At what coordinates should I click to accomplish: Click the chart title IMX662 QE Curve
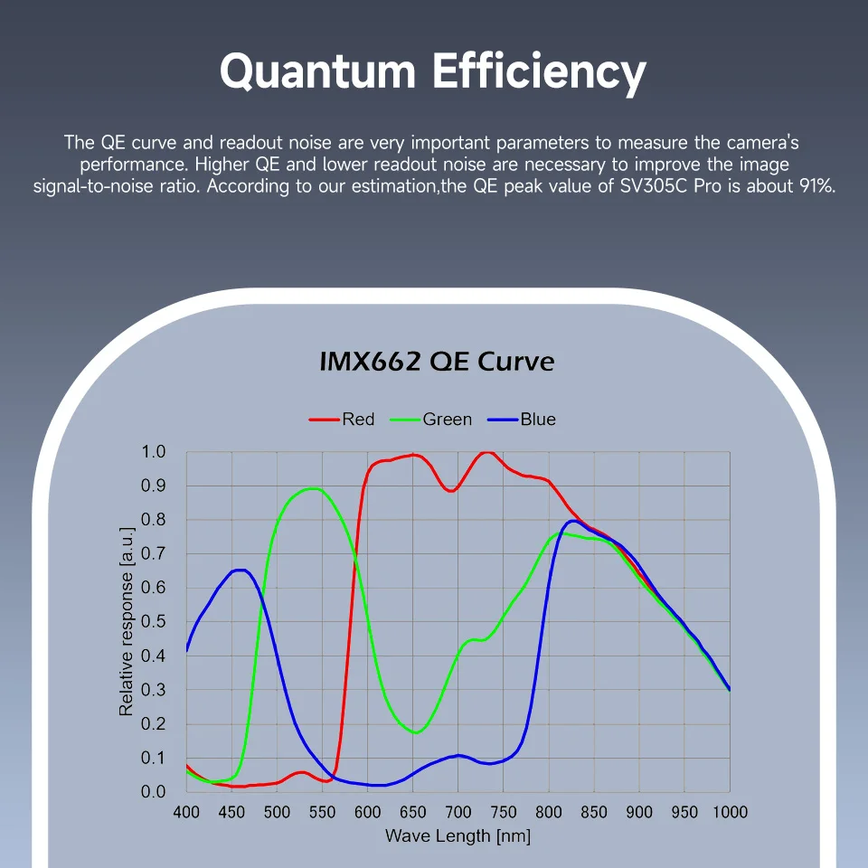pyautogui.click(x=437, y=362)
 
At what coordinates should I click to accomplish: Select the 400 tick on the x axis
pyautogui.click(x=186, y=812)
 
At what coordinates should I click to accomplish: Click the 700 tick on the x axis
pyautogui.click(x=458, y=812)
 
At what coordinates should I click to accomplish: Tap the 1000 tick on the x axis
pyautogui.click(x=729, y=812)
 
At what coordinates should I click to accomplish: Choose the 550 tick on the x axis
pyautogui.click(x=322, y=812)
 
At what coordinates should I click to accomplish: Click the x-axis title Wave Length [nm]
pyautogui.click(x=458, y=835)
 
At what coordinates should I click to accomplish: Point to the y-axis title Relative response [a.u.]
pyautogui.click(x=127, y=622)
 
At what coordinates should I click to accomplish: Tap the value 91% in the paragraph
pyautogui.click(x=815, y=188)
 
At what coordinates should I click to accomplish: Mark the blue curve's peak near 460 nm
pyautogui.click(x=240, y=570)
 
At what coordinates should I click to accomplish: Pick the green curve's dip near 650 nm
pyautogui.click(x=415, y=732)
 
